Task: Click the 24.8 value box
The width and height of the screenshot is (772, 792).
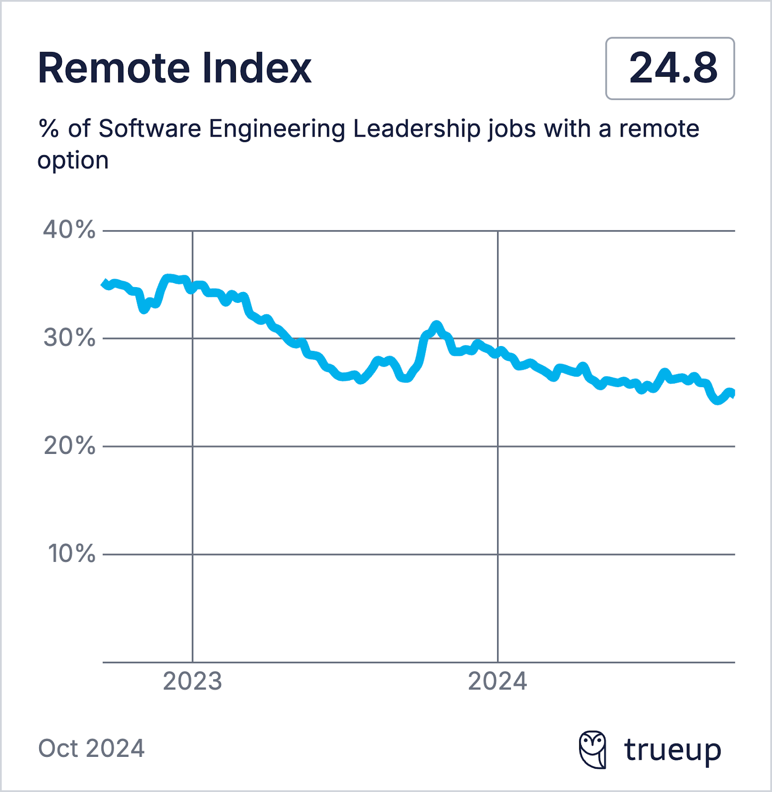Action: click(x=670, y=68)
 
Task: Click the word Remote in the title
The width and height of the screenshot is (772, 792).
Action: click(x=113, y=68)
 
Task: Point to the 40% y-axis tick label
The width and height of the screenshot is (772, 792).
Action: click(x=69, y=230)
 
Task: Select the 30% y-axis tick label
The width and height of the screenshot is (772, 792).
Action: click(x=69, y=338)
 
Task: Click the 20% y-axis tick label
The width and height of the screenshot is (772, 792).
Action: click(x=69, y=446)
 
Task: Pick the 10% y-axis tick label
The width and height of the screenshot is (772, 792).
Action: click(x=71, y=554)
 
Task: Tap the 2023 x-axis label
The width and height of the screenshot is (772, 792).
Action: click(x=192, y=682)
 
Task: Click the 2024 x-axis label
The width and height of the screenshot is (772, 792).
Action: click(x=498, y=682)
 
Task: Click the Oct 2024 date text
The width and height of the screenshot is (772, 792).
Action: click(x=91, y=748)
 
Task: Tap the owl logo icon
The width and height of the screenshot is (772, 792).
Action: click(x=592, y=749)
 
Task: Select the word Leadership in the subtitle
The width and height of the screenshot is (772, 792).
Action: click(x=416, y=129)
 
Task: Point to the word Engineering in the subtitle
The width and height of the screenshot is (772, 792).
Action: click(x=277, y=129)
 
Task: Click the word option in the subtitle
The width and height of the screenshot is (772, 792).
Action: click(x=73, y=161)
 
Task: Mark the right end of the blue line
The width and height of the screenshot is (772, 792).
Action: click(x=733, y=394)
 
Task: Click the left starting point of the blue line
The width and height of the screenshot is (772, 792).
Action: click(x=104, y=283)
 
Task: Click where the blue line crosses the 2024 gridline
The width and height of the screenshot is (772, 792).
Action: click(x=498, y=353)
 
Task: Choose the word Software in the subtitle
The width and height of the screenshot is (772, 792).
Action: click(x=150, y=129)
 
